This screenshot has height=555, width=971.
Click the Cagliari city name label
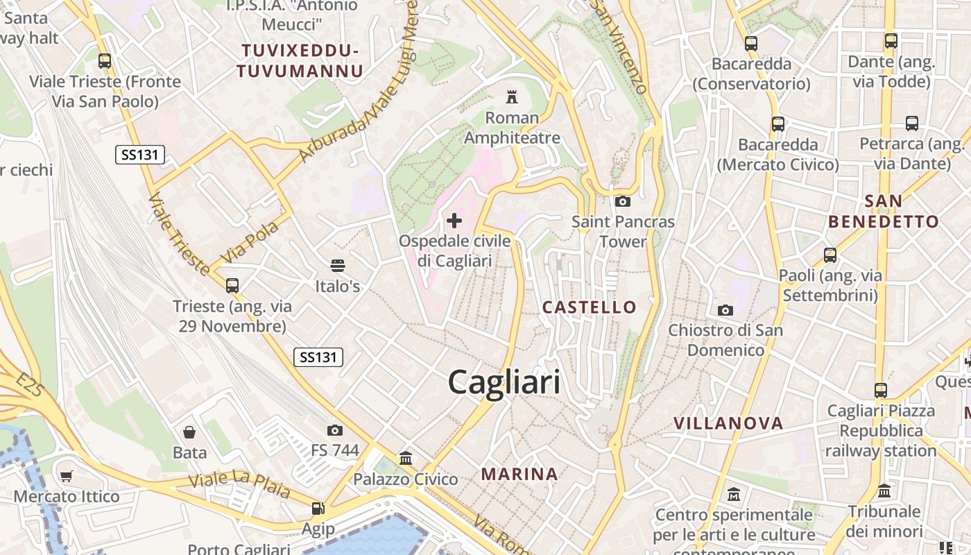504,382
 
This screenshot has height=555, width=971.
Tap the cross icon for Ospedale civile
454,221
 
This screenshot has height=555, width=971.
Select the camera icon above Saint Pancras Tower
623,201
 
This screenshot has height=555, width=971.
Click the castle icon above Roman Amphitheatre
512,96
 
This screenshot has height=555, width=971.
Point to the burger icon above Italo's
338,265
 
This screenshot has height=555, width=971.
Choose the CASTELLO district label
589,307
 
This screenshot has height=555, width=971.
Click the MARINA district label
519,474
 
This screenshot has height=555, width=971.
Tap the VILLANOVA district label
728,423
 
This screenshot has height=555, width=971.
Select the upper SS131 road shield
140,155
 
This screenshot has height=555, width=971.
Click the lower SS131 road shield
318,357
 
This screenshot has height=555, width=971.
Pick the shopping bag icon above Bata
189,432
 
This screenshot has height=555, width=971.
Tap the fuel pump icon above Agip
318,509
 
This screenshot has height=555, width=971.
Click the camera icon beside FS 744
335,430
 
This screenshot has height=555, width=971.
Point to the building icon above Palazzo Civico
406,458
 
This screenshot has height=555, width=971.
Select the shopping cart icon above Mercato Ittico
67,476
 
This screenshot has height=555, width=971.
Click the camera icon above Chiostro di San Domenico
725,309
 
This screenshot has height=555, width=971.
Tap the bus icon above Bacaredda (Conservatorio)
751,43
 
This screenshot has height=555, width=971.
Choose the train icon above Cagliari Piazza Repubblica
881,390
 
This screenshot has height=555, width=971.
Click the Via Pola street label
249,242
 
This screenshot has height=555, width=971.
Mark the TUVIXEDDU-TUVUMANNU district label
300,60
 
